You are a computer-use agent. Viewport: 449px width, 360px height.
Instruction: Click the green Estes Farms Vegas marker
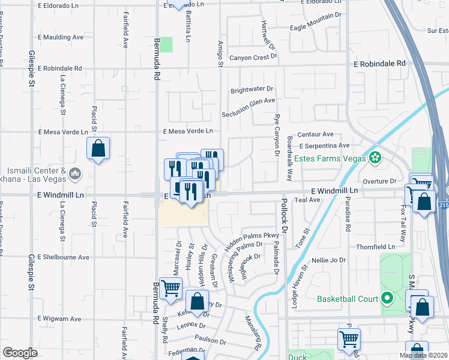tap(375, 158)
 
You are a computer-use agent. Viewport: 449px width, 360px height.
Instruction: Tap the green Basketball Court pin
tap(387, 298)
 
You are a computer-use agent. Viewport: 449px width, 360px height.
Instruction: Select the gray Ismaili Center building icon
tap(75, 174)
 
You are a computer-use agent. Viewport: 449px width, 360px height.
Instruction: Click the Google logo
tap(20, 353)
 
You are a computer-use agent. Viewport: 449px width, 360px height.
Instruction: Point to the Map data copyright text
tap(424, 355)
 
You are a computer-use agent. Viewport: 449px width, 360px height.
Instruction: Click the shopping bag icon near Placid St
tap(98, 149)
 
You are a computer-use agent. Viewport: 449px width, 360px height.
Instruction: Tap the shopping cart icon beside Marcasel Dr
tap(171, 289)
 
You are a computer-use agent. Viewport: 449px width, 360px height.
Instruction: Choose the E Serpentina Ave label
tap(325, 146)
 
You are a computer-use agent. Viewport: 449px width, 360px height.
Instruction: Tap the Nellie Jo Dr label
tap(329, 260)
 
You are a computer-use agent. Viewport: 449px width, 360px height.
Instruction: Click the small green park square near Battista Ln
tap(166, 44)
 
